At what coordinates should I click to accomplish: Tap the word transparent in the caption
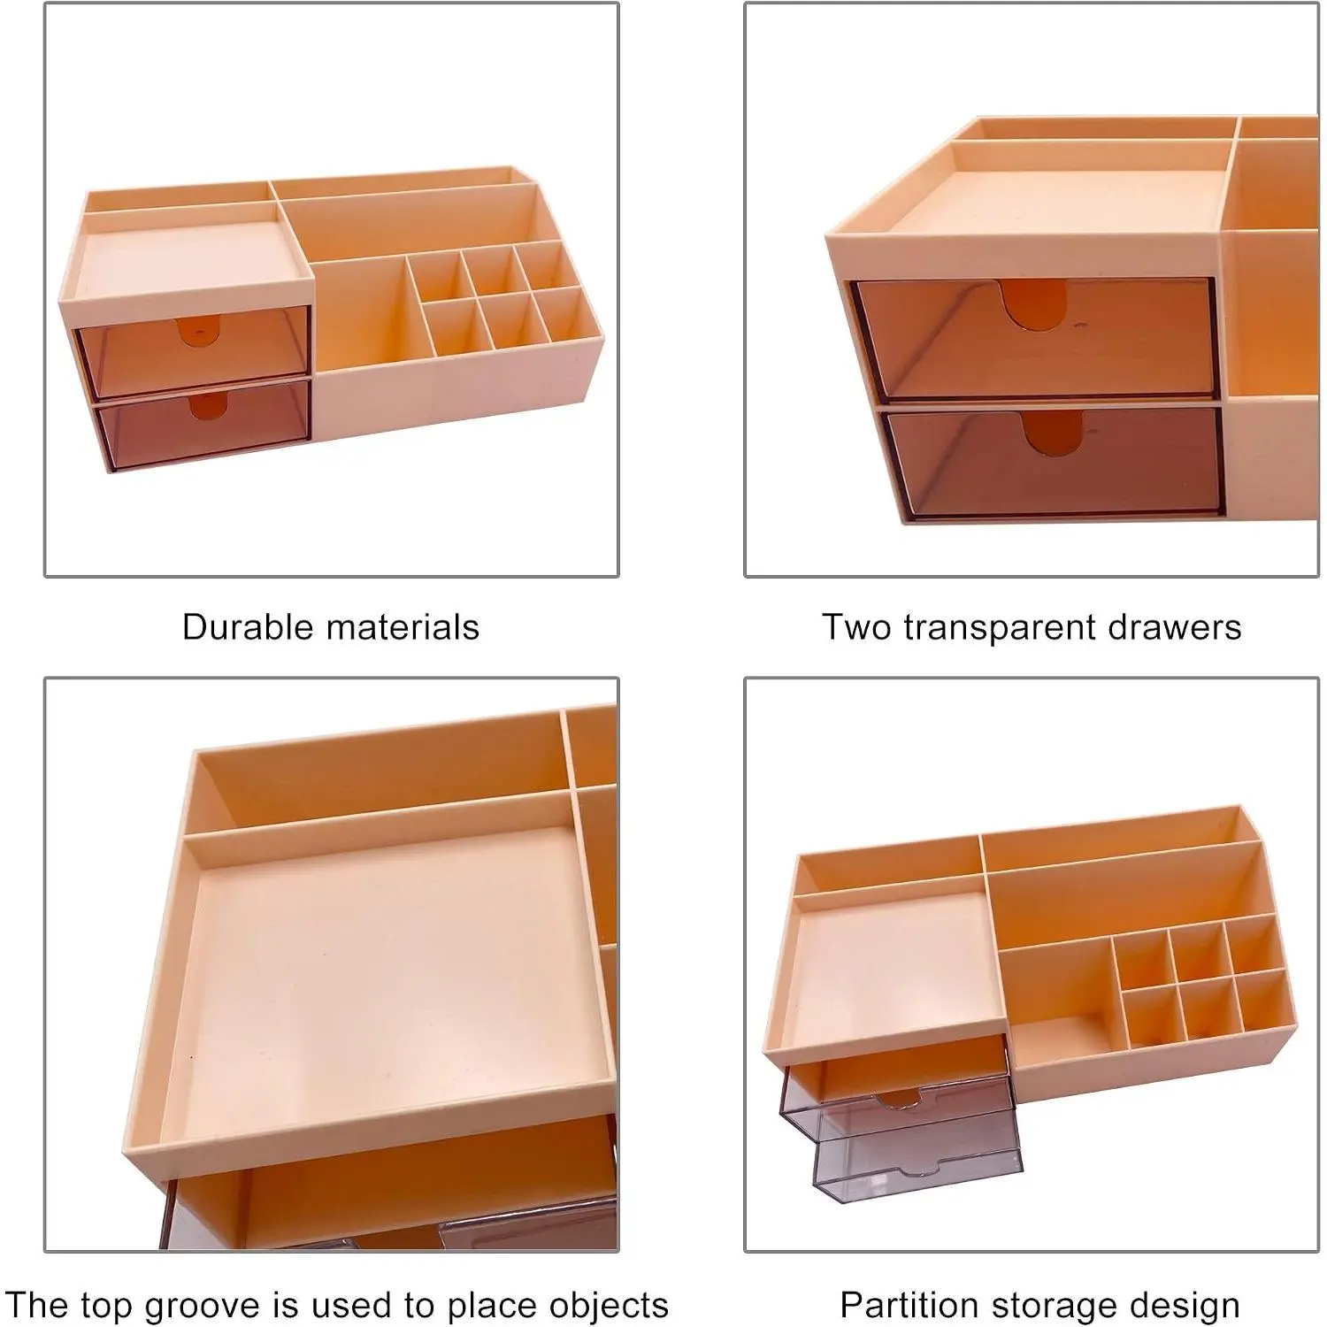[x=998, y=628]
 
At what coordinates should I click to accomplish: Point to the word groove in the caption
[x=200, y=1307]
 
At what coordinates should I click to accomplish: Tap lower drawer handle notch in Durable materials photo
[x=209, y=405]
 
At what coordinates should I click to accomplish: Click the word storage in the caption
[x=1051, y=1307]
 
